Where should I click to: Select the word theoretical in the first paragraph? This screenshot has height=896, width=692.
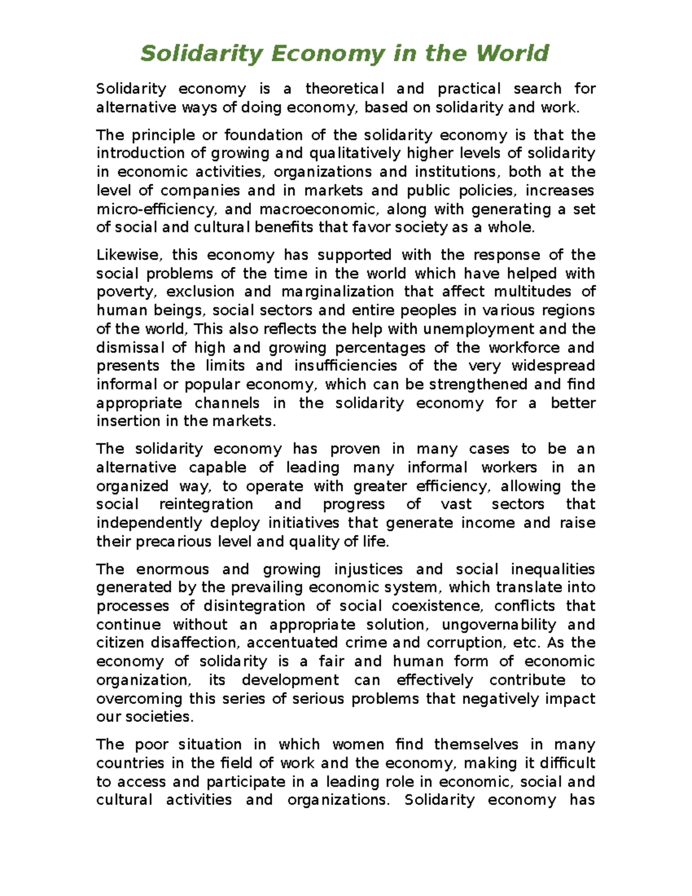click(344, 89)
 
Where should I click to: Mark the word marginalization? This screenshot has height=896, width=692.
click(337, 292)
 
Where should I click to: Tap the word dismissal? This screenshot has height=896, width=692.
click(130, 347)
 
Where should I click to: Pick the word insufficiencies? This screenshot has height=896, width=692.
click(345, 366)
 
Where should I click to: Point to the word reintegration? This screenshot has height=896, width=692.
click(206, 504)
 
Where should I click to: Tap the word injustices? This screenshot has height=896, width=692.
click(368, 569)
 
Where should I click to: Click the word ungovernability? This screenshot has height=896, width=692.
click(499, 624)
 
